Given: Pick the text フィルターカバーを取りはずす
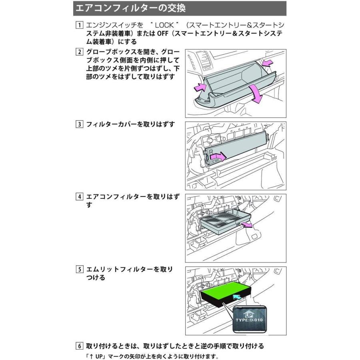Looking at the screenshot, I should tap(131, 124).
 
